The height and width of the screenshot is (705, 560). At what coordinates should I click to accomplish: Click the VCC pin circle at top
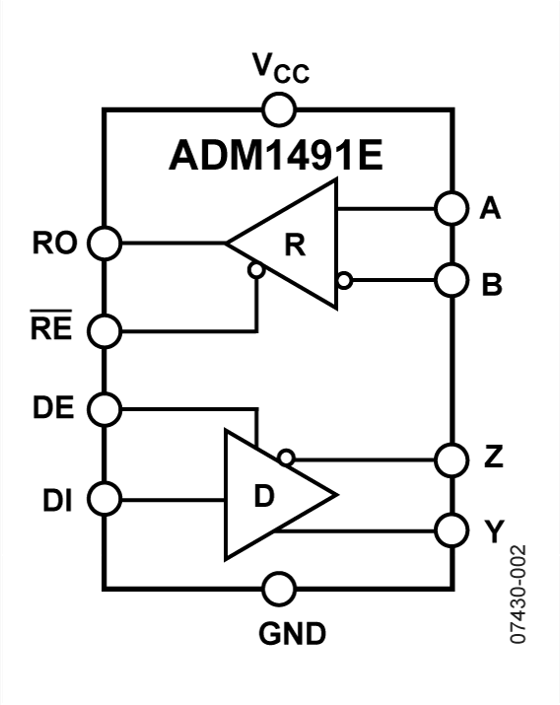pyautogui.click(x=279, y=107)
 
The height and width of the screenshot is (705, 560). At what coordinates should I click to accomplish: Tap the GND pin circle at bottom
pyautogui.click(x=279, y=590)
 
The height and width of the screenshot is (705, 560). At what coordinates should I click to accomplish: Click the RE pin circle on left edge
pyautogui.click(x=104, y=330)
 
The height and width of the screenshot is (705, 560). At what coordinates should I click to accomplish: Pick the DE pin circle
pyautogui.click(x=104, y=407)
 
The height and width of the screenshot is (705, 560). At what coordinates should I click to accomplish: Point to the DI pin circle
pyautogui.click(x=104, y=498)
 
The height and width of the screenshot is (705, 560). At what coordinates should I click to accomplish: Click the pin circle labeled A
pyautogui.click(x=451, y=209)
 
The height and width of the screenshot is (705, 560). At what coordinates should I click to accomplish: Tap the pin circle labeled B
pyautogui.click(x=451, y=280)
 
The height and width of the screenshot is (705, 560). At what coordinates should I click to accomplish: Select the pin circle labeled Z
pyautogui.click(x=451, y=458)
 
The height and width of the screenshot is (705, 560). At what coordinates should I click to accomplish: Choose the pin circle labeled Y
pyautogui.click(x=451, y=529)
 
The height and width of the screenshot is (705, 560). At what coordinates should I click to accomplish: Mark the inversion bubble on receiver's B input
pyautogui.click(x=343, y=280)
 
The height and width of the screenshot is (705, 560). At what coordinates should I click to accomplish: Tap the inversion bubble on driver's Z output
pyautogui.click(x=286, y=457)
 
